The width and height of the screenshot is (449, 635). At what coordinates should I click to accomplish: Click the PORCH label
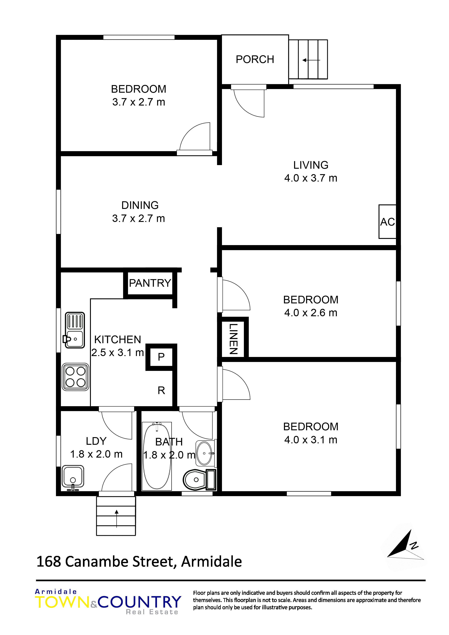(255, 59)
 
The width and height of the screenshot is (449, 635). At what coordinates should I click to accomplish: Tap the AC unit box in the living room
(387, 222)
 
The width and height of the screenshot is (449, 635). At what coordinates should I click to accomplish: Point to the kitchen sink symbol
(75, 330)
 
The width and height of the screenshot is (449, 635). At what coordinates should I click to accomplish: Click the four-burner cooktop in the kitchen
(75, 377)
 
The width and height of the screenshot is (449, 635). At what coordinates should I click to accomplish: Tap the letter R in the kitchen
(161, 390)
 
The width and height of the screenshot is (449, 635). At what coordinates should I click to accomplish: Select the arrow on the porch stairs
(311, 60)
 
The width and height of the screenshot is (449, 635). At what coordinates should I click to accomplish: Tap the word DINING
(140, 205)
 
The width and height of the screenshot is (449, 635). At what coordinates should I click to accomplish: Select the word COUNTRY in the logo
(139, 602)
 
